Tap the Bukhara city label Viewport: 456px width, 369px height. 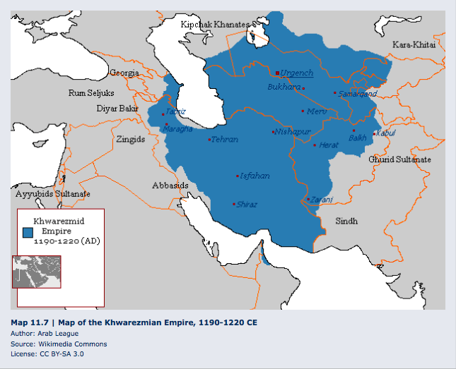[x=283, y=87]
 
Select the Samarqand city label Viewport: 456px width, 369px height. [x=357, y=93]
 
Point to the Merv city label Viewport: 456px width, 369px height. [x=316, y=111]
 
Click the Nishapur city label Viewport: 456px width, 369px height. [x=293, y=132]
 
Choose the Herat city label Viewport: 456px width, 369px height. [x=329, y=145]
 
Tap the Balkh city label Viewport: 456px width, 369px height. [x=357, y=138]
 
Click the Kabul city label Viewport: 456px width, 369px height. [x=386, y=133]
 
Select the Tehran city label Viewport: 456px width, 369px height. [x=224, y=140]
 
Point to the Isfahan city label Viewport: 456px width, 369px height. [x=255, y=176]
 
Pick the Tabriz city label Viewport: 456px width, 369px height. [x=176, y=111]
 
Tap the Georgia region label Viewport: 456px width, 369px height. [x=124, y=73]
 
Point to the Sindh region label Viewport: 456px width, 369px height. [x=346, y=221]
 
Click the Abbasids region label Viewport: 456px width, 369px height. [x=170, y=186]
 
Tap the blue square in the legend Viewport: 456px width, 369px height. [x=28, y=231]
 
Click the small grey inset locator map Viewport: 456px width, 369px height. [x=37, y=271]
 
